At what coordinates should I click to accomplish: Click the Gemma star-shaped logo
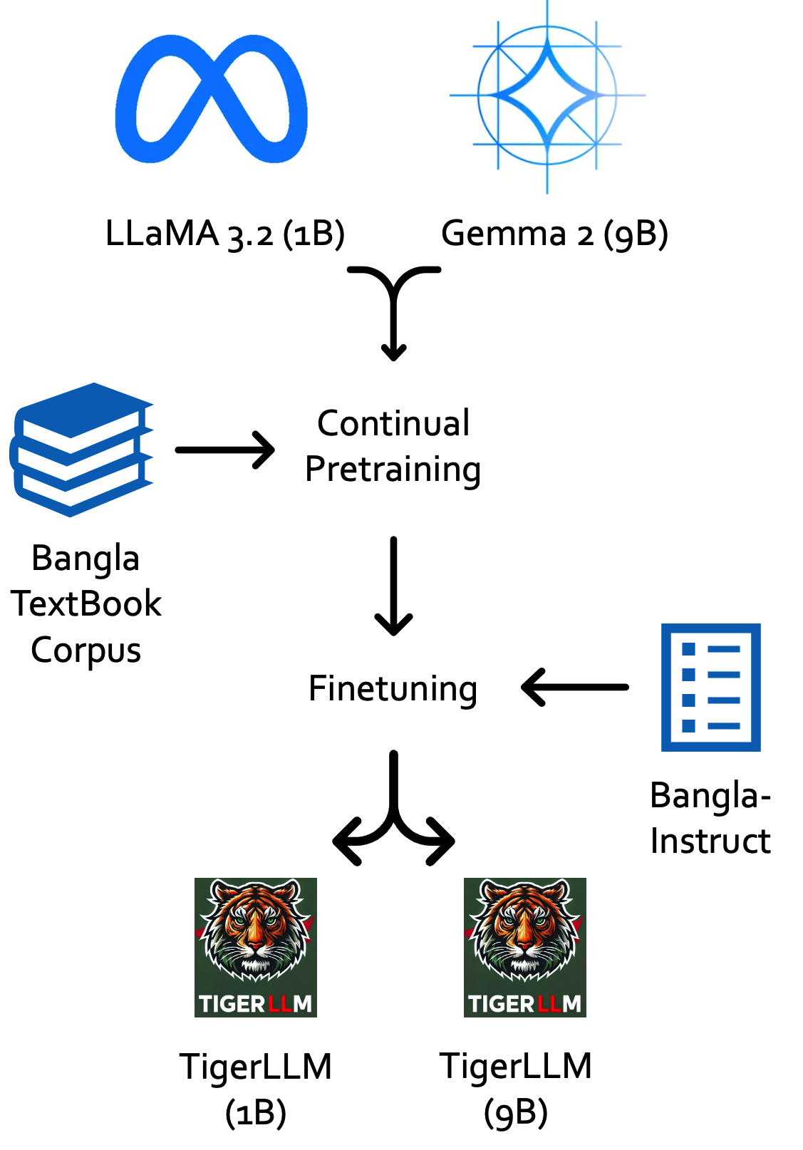pos(547,95)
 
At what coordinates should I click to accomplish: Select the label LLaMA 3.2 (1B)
pos(224,234)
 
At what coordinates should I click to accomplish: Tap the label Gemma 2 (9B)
pos(554,234)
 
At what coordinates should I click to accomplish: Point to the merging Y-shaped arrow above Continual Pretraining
pos(393,306)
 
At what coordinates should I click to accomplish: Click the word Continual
pos(393,423)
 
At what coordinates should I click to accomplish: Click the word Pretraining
pos(393,470)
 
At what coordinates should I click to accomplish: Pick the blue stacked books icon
pos(82,449)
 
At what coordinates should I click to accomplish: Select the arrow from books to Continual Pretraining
pos(225,450)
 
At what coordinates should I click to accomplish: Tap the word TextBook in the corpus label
pos(86,604)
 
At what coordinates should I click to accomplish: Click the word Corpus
pos(86,650)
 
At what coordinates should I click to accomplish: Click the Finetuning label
pos(393,689)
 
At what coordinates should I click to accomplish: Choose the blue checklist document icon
pos(710,688)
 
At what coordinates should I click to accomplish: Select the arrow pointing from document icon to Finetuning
pos(575,688)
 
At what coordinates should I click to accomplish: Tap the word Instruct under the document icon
pos(710,841)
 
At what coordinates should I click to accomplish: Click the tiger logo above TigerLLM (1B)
pos(256,947)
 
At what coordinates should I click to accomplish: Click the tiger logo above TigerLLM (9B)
pos(524,947)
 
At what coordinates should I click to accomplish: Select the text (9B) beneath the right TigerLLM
pos(516,1113)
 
